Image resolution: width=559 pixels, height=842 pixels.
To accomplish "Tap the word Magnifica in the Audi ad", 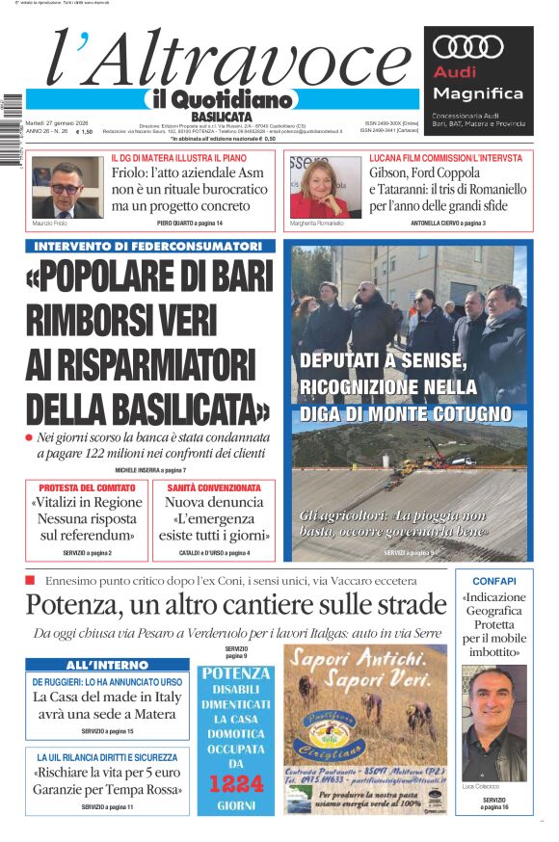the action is point(478,93).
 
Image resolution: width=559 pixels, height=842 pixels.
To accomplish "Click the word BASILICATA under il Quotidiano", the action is point(221,116).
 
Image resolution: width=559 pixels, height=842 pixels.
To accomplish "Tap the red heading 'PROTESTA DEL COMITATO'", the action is point(88,487).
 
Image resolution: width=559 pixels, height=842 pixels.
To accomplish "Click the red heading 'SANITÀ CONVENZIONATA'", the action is point(214,487).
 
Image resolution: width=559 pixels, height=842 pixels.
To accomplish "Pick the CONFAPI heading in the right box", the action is point(494,581).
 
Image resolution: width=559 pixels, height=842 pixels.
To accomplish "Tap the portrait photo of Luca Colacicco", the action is point(494,723).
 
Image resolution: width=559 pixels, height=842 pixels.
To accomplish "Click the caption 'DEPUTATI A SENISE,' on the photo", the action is point(384,361).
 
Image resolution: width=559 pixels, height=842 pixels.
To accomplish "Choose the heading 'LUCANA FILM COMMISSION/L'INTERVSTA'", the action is point(445,157).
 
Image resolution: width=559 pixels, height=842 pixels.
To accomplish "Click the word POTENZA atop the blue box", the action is point(236,673).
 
